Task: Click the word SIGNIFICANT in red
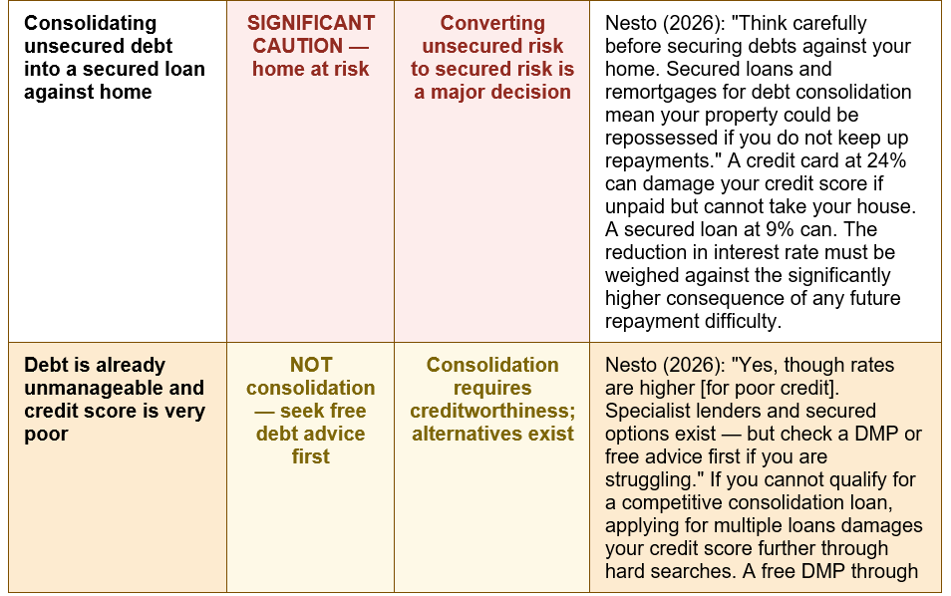tap(311, 23)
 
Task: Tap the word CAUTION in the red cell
tap(297, 46)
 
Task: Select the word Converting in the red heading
tap(492, 23)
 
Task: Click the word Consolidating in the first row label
tap(91, 23)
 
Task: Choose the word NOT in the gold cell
tap(311, 365)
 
